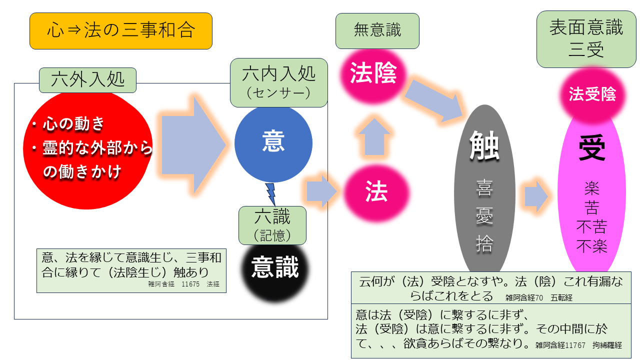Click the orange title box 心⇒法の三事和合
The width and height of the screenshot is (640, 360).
121,31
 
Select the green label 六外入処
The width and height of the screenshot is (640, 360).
87,79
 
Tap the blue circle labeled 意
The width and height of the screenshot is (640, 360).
273,143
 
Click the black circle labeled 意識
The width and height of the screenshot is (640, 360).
274,268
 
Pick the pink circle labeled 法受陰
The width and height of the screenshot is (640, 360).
592,94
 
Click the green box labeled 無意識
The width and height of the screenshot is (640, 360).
377,31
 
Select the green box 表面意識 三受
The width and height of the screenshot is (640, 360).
586,39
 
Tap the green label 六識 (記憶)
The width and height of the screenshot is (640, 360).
272,225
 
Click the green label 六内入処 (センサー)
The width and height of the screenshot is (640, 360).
278,82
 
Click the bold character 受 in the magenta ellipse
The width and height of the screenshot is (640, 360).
591,148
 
